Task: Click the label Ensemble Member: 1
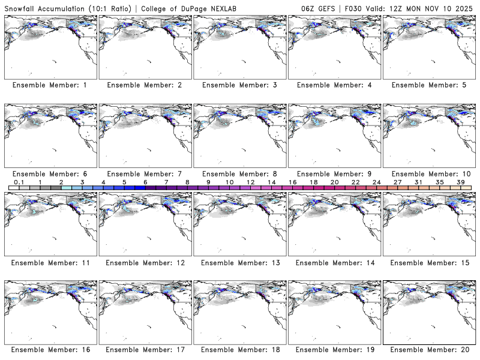[x=49, y=85]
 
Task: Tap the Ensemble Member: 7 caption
[x=144, y=173]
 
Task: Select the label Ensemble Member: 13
[x=239, y=262]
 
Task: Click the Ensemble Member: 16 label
[x=49, y=350]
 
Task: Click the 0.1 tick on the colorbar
[x=19, y=182]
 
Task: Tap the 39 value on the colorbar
[x=461, y=182]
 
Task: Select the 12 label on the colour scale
[x=250, y=182]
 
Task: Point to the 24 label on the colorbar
[x=376, y=182]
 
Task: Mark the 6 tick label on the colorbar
[x=145, y=182]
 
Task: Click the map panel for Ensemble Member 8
[x=240, y=135]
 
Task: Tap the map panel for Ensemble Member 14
[x=334, y=223]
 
